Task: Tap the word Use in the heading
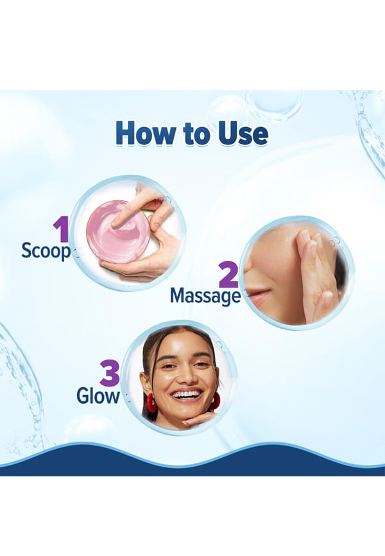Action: (243, 134)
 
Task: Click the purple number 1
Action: (62, 229)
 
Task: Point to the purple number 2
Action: (228, 274)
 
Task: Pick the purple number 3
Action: (110, 373)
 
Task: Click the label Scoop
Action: (46, 251)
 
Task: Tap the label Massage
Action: (205, 296)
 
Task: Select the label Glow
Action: (98, 395)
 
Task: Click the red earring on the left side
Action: (151, 403)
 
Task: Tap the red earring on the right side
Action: (215, 401)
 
